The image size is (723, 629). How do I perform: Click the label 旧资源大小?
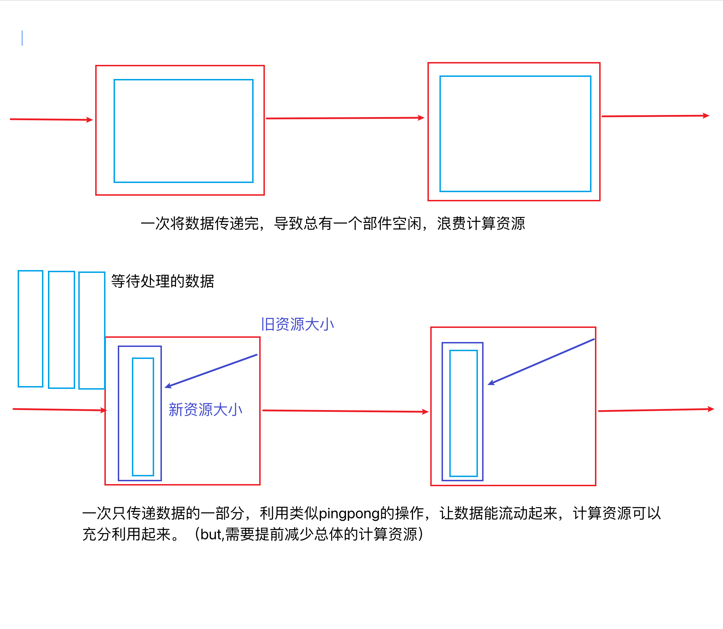tap(297, 324)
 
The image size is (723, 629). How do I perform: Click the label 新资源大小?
tap(205, 410)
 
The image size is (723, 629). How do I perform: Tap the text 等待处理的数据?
tap(163, 281)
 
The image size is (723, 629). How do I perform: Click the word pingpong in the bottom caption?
tap(349, 513)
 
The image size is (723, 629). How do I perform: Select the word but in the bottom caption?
tap(211, 535)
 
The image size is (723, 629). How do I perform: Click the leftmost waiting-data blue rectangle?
tap(31, 329)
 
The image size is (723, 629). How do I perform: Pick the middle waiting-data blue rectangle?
tap(61, 329)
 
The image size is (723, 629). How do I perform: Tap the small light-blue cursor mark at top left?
tap(22, 38)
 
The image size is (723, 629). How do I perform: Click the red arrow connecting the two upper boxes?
tap(345, 118)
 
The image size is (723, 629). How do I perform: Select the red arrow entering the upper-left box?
tap(51, 120)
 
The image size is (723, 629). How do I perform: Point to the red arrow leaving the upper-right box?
tap(655, 116)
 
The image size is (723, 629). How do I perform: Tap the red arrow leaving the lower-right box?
tap(656, 410)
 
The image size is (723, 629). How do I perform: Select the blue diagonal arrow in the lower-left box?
tap(211, 371)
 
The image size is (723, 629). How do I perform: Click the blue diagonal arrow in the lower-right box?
tap(541, 361)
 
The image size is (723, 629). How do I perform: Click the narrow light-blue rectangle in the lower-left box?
tap(143, 417)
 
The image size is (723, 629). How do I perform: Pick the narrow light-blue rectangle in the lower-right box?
tap(463, 413)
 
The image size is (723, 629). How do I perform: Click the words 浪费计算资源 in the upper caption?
tap(481, 224)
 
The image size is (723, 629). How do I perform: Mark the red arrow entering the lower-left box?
tap(59, 410)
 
